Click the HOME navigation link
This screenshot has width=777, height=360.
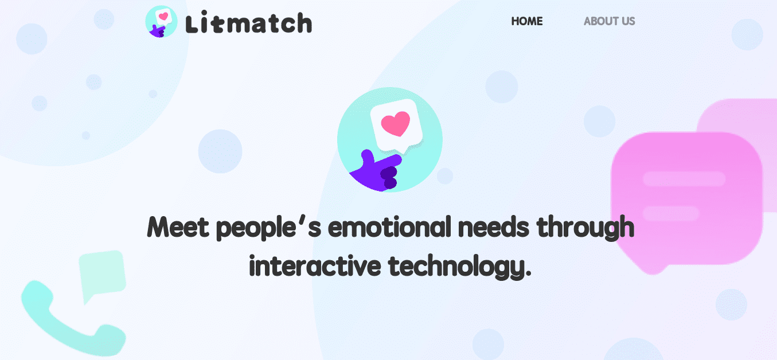[x=526, y=21]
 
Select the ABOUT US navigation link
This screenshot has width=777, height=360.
[x=609, y=21]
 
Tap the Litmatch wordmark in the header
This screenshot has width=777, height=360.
[x=249, y=24]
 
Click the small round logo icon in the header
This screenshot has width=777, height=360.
[x=161, y=22]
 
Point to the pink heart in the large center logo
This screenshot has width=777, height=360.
[x=396, y=123]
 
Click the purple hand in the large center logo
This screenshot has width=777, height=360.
[x=377, y=172]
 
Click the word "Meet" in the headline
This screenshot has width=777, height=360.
[x=178, y=227]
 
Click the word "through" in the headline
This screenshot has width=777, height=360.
[x=585, y=228]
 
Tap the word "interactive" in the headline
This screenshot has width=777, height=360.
[x=315, y=266]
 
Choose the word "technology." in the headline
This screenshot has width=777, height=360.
[x=460, y=267]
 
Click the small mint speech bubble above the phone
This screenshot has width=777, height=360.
[x=101, y=273]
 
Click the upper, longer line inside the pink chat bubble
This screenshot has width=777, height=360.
[x=684, y=179]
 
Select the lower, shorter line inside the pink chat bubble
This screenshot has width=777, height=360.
[x=671, y=214]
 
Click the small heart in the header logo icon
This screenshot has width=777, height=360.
[x=163, y=15]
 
